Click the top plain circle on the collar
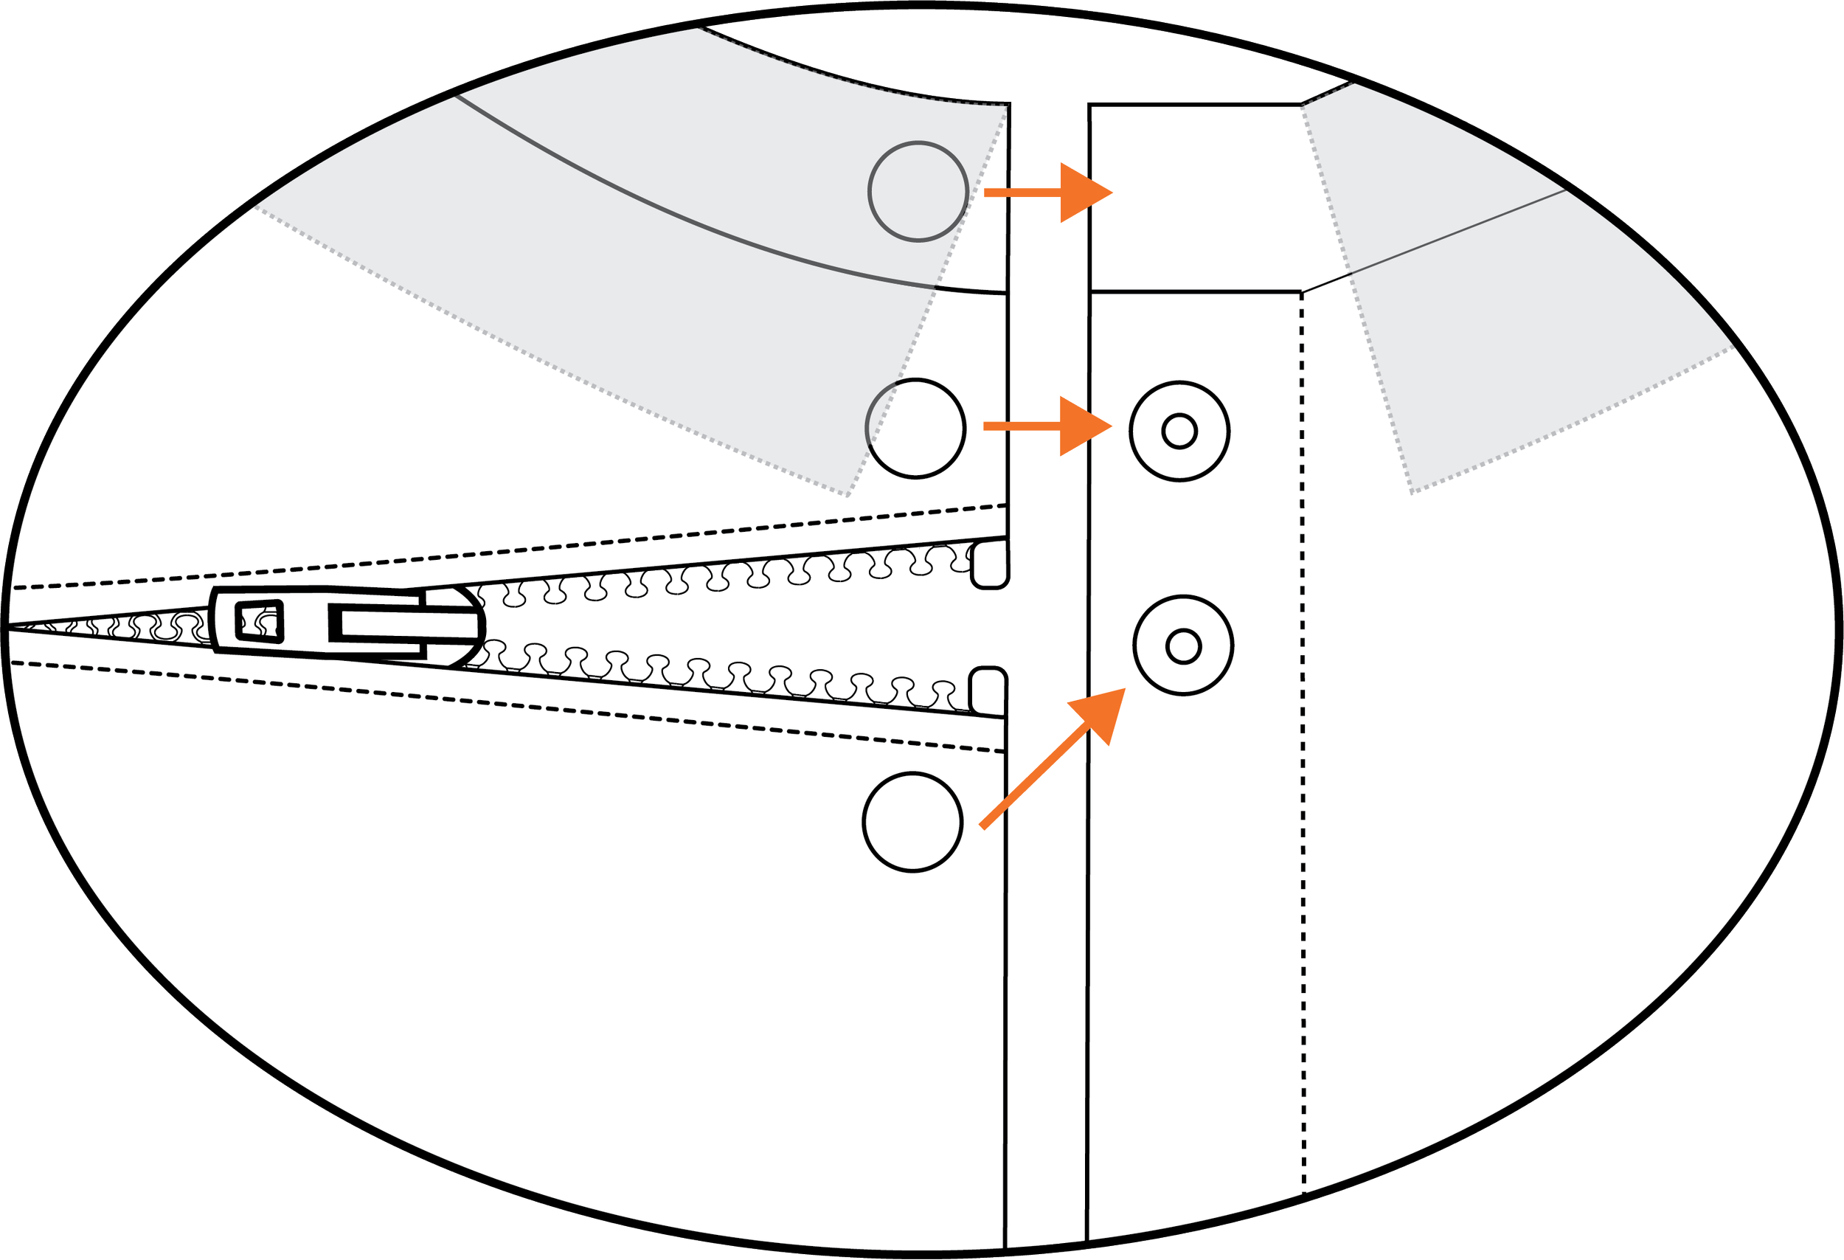(x=918, y=191)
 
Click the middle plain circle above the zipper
(x=915, y=429)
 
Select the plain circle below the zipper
(x=912, y=822)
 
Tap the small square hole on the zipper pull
(x=260, y=620)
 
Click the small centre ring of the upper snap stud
(x=1179, y=432)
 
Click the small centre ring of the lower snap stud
(x=1183, y=647)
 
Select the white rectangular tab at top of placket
(x=1195, y=198)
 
